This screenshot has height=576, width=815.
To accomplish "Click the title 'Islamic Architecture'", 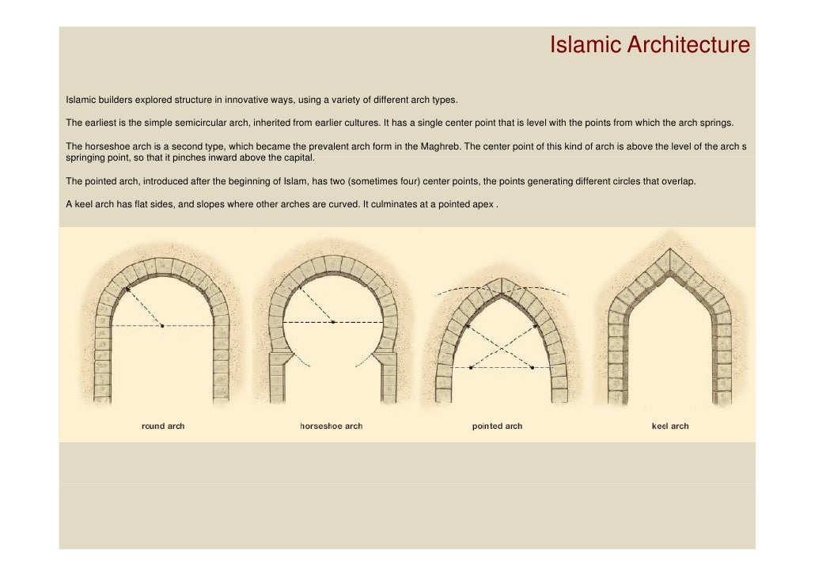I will pyautogui.click(x=649, y=46).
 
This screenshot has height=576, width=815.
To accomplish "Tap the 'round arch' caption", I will pyautogui.click(x=163, y=426).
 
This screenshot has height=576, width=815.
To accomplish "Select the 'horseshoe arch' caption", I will pyautogui.click(x=331, y=426).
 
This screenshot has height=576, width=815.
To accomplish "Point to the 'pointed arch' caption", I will pyautogui.click(x=497, y=426).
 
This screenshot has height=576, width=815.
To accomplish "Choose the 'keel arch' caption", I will pyautogui.click(x=669, y=426).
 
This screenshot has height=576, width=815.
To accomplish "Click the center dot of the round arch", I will pyautogui.click(x=162, y=326).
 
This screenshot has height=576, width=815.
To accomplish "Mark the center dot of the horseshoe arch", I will pyautogui.click(x=333, y=323).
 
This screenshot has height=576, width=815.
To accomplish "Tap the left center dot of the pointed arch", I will pyautogui.click(x=470, y=368).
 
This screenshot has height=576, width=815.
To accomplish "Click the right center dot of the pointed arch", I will pyautogui.click(x=532, y=368).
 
